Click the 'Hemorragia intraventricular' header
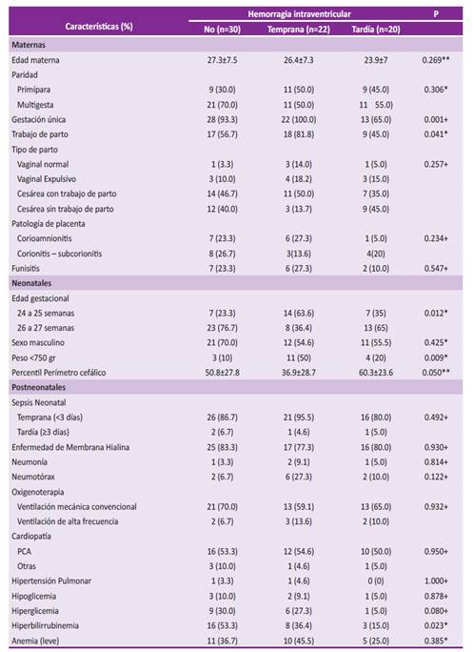click(x=299, y=14)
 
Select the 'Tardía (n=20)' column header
click(x=376, y=30)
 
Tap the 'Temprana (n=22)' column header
click(x=299, y=30)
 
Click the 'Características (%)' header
click(x=99, y=26)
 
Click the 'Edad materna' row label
click(x=35, y=60)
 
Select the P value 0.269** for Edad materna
click(x=436, y=60)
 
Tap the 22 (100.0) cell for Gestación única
click(x=299, y=120)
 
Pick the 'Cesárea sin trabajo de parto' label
click(x=65, y=209)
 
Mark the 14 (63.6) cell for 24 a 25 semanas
click(x=299, y=313)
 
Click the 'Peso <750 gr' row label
click(x=33, y=357)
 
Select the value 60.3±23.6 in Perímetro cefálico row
click(x=376, y=373)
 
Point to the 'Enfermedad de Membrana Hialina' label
click(x=70, y=447)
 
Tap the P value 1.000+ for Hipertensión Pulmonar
click(x=436, y=581)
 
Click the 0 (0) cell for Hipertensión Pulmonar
click(x=376, y=581)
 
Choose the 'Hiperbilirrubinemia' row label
click(x=46, y=626)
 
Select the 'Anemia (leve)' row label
click(x=35, y=641)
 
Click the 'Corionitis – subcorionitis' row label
click(x=59, y=254)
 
